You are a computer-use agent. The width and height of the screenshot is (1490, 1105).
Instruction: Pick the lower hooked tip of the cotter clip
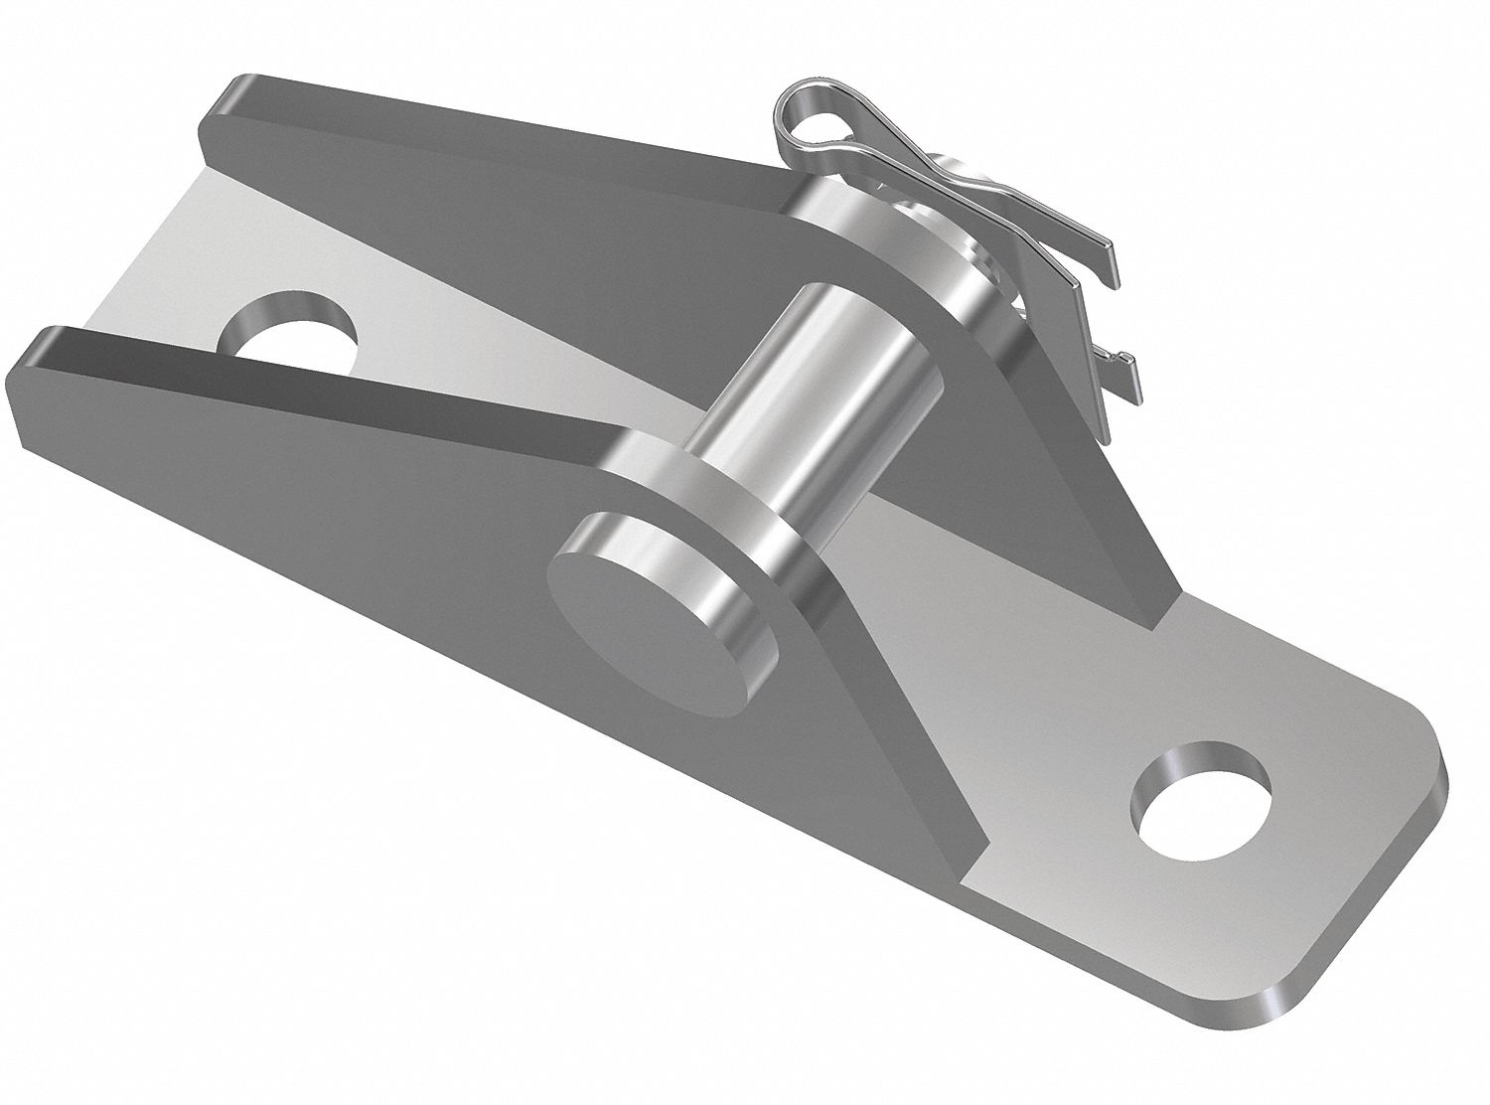pyautogui.click(x=1127, y=362)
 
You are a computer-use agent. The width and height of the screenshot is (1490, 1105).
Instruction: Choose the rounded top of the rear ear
pyautogui.click(x=874, y=219)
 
